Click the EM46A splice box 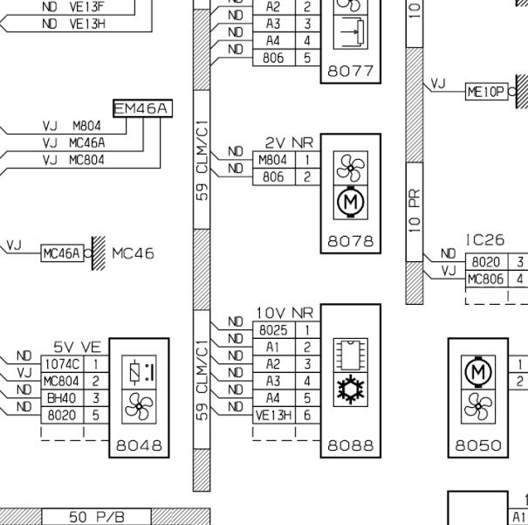click(143, 108)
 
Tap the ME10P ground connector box click(487, 92)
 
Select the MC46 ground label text click(133, 253)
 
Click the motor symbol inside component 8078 click(351, 202)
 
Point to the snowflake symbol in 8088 click(351, 390)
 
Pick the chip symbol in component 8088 click(351, 356)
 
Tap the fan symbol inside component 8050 click(478, 406)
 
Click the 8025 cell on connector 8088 click(274, 330)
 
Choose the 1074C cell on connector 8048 click(62, 364)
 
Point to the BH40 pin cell click(62, 398)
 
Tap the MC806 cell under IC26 click(487, 279)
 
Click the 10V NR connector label click(285, 313)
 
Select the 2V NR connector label click(289, 143)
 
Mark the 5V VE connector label click(77, 347)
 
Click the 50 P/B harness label click(97, 516)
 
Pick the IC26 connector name click(485, 240)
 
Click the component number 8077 click(351, 71)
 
